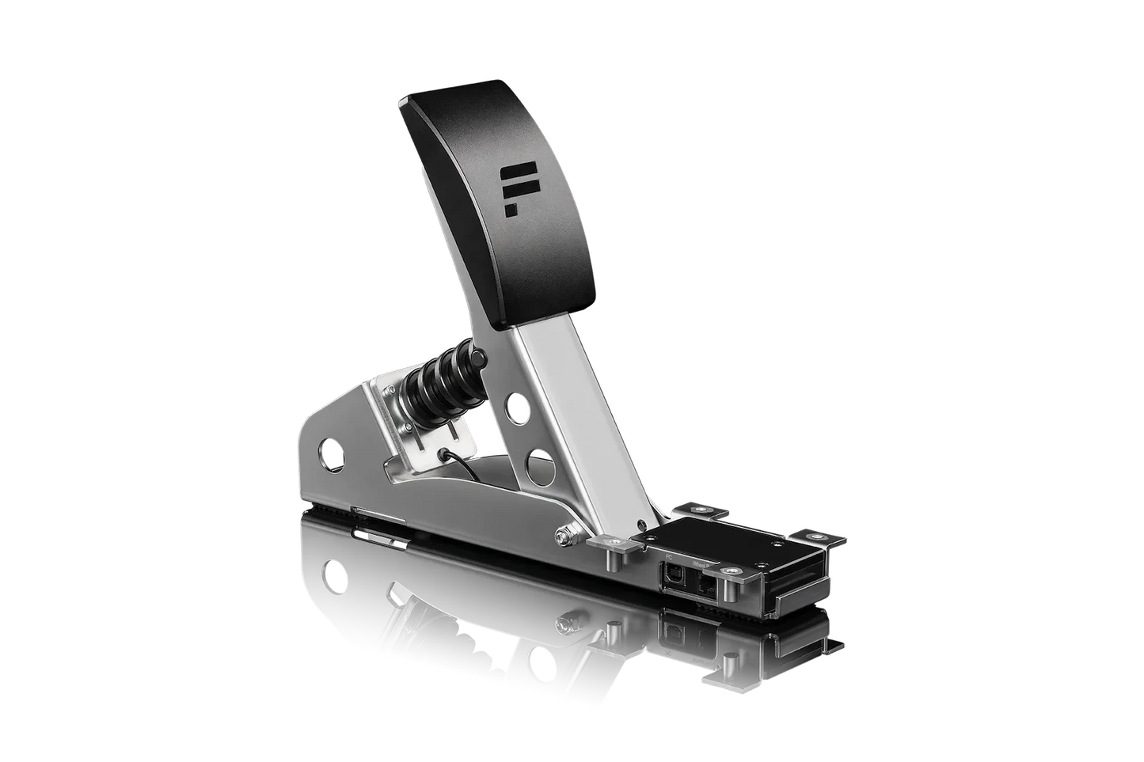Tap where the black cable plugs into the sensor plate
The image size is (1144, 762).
click(x=450, y=454)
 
